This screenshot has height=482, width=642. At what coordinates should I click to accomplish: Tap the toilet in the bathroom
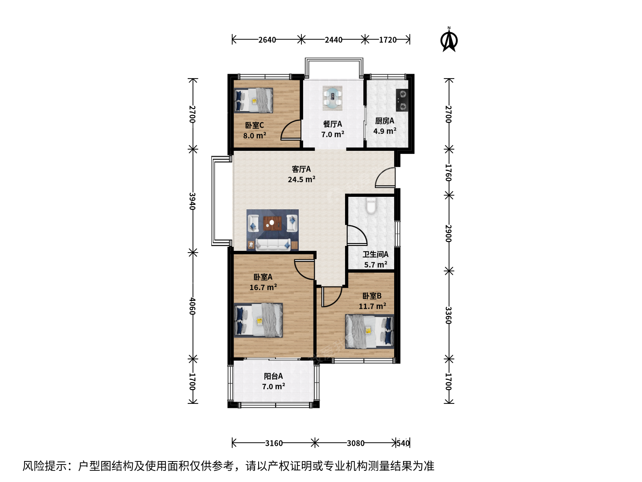coord(371,206)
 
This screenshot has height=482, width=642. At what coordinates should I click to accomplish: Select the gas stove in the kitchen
coord(402,100)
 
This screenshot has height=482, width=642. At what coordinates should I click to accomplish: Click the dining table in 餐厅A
coord(333,98)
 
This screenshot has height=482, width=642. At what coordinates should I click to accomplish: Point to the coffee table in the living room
coord(272,223)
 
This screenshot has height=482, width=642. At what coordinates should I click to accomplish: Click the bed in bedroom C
coord(254,100)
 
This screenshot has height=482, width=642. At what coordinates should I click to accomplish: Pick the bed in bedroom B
coord(370,332)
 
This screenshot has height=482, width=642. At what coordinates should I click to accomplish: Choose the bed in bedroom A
coord(258,320)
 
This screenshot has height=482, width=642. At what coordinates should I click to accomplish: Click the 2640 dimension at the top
coord(267,40)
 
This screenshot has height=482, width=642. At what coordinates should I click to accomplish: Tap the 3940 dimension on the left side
coord(192,201)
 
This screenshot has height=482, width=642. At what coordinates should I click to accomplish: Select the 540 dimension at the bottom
coord(403,443)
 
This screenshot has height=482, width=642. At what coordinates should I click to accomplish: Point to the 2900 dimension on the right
coord(449,233)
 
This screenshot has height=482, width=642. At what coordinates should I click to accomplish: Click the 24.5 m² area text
coord(301,179)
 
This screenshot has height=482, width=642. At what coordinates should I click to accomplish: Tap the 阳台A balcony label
coord(273,376)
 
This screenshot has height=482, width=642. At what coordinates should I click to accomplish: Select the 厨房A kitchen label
coord(385,120)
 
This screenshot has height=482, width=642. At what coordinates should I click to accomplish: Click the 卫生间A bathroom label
coord(375,254)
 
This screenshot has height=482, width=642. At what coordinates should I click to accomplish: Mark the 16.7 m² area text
coord(263,287)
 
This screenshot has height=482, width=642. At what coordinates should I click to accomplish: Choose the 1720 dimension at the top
coord(388,40)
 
